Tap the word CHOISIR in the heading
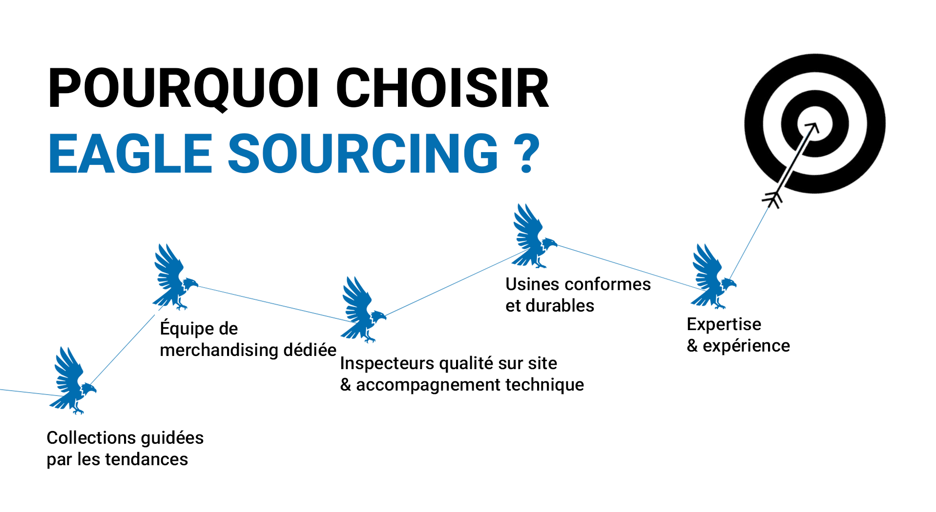(x=442, y=88)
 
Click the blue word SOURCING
(x=363, y=154)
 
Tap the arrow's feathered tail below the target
(x=772, y=199)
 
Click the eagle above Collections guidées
(x=73, y=380)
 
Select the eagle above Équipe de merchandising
(x=173, y=277)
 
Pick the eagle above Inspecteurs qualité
(x=362, y=309)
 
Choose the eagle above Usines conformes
(x=533, y=236)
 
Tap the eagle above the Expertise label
(x=712, y=276)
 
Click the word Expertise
(x=724, y=324)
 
